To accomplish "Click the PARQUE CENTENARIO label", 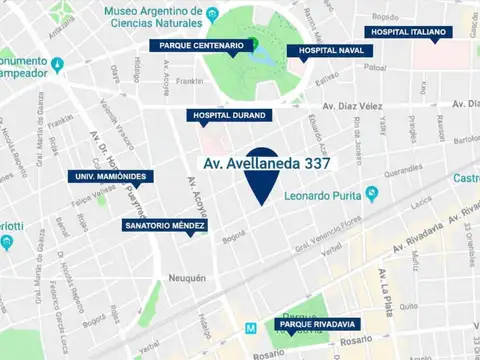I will click(199, 45).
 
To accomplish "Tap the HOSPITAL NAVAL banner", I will click(322, 50).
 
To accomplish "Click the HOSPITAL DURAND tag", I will click(229, 115).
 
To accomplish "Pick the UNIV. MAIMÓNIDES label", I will click(110, 177).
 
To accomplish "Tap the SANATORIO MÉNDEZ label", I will click(165, 226).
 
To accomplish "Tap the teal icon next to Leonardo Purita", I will click(372, 192).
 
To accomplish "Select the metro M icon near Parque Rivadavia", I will click(251, 327).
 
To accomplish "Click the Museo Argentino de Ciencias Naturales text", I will click(153, 18).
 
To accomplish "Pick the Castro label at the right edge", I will click(466, 178).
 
